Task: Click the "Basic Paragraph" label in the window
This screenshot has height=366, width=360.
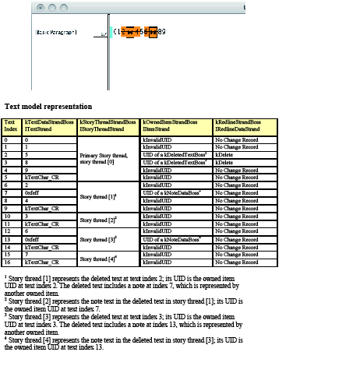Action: point(55,33)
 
